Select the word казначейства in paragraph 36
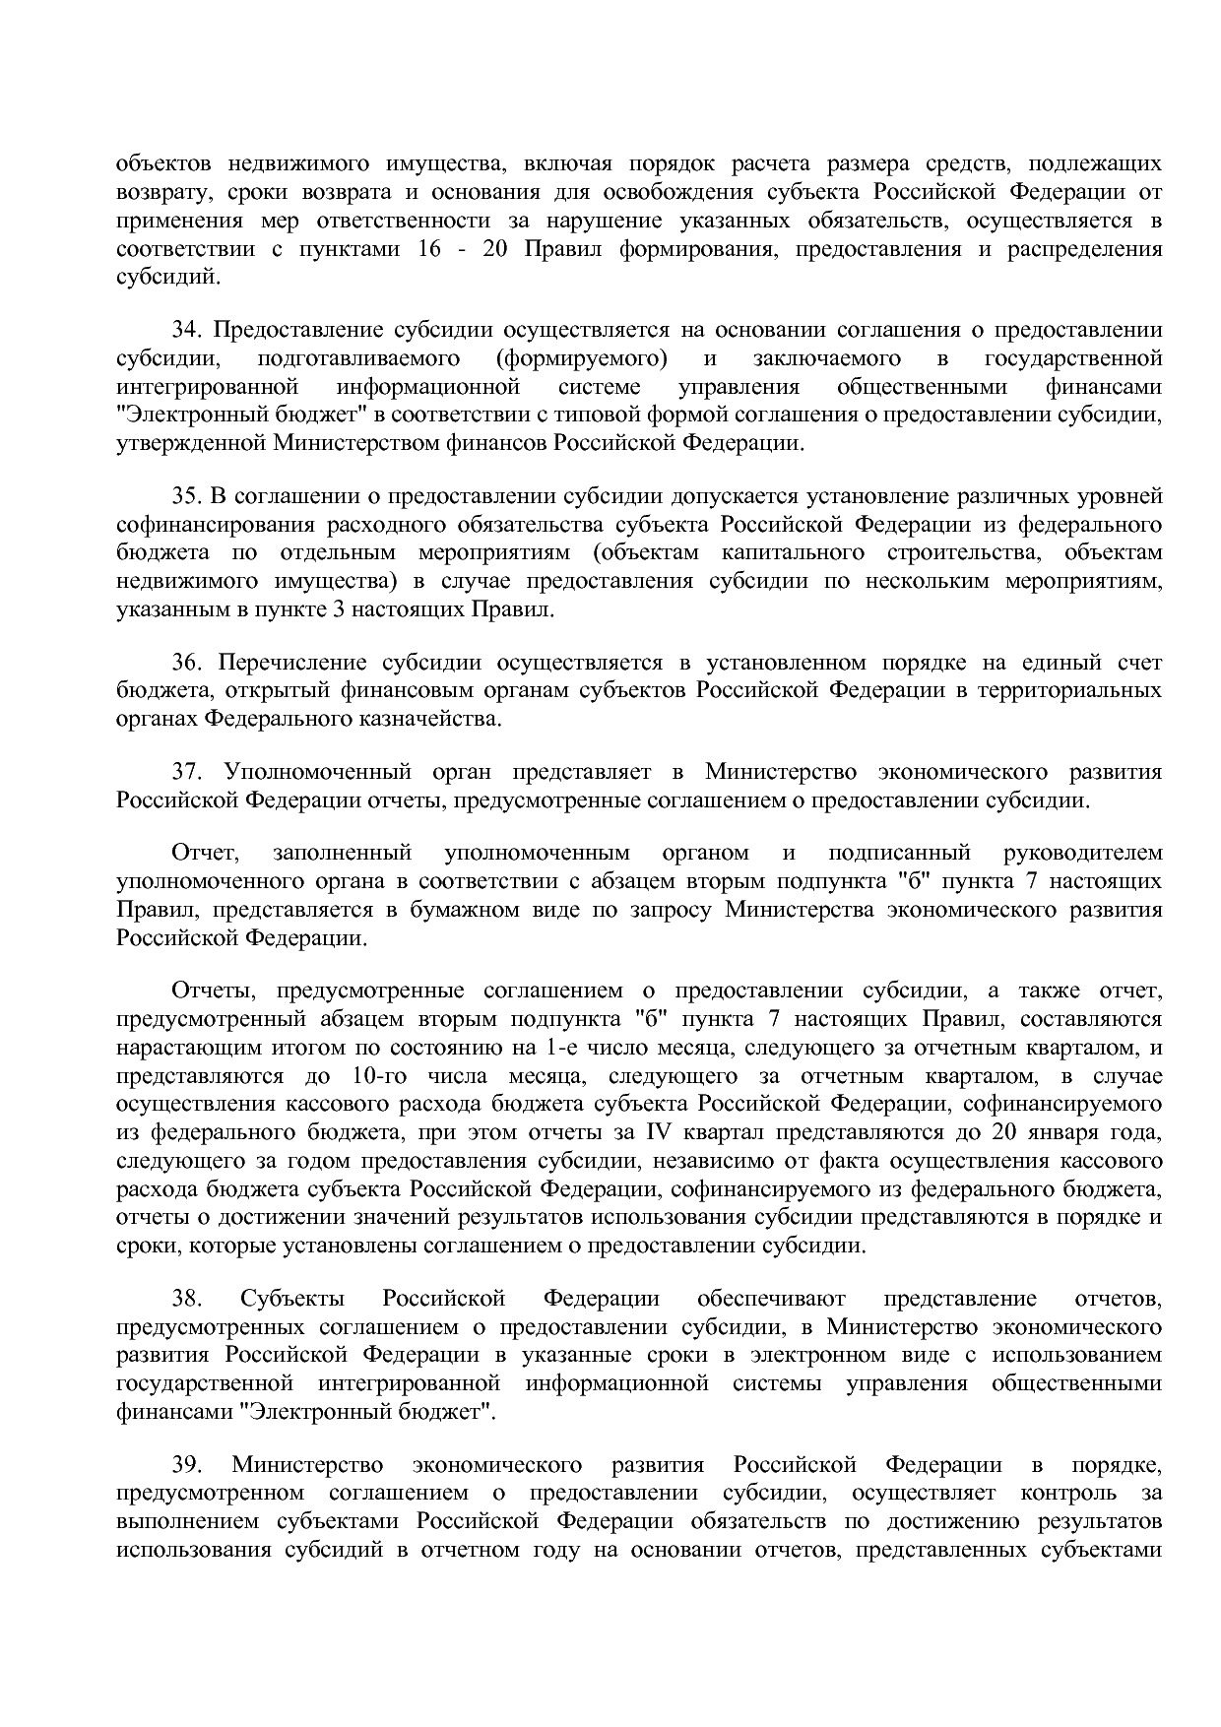click(436, 719)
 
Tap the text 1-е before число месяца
click(567, 1047)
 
